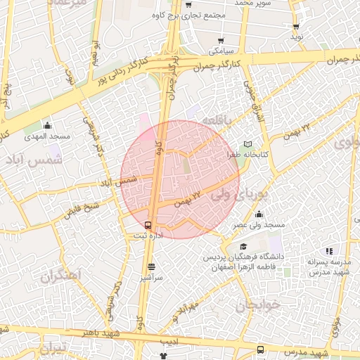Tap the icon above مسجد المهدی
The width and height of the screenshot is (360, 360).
(46, 124)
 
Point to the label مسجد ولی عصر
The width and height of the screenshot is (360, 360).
(259, 224)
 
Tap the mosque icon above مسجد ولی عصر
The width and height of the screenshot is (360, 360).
(259, 214)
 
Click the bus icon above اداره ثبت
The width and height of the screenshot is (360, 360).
(147, 225)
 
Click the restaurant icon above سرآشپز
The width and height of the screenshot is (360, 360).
(151, 266)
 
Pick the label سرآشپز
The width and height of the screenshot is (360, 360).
(151, 278)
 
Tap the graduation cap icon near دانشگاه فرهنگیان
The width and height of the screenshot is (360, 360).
(243, 247)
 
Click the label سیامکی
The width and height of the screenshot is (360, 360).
(222, 51)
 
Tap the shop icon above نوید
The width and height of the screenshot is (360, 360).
(295, 26)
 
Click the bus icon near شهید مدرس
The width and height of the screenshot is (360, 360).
(261, 349)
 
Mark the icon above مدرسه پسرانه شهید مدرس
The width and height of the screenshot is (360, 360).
(328, 251)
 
